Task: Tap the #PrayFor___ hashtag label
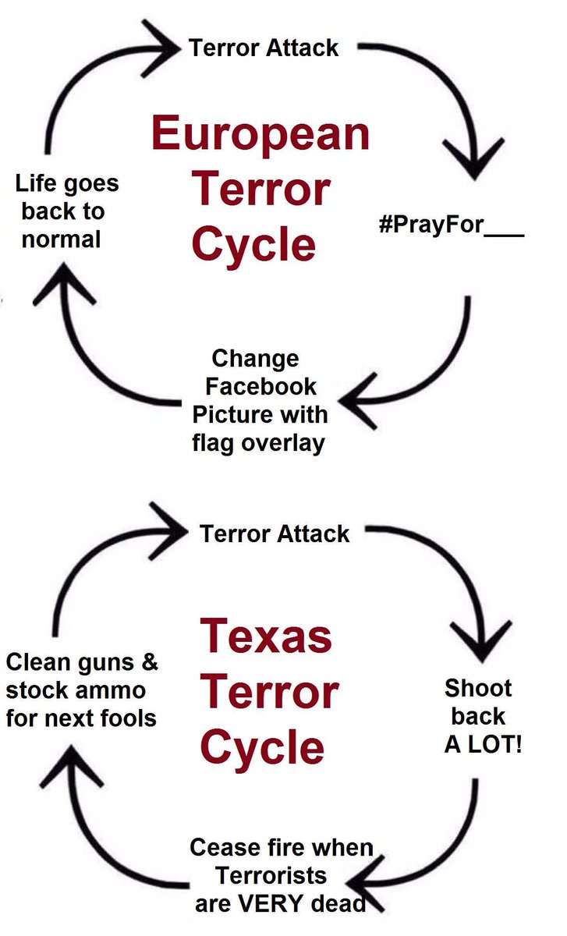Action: point(450,227)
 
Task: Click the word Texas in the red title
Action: point(266,636)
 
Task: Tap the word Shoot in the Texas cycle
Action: point(478,688)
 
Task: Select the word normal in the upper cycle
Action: point(61,239)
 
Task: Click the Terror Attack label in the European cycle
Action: point(264,48)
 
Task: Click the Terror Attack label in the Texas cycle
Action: point(275,534)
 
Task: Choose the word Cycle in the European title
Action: point(253,244)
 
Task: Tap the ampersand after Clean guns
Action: point(148,663)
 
